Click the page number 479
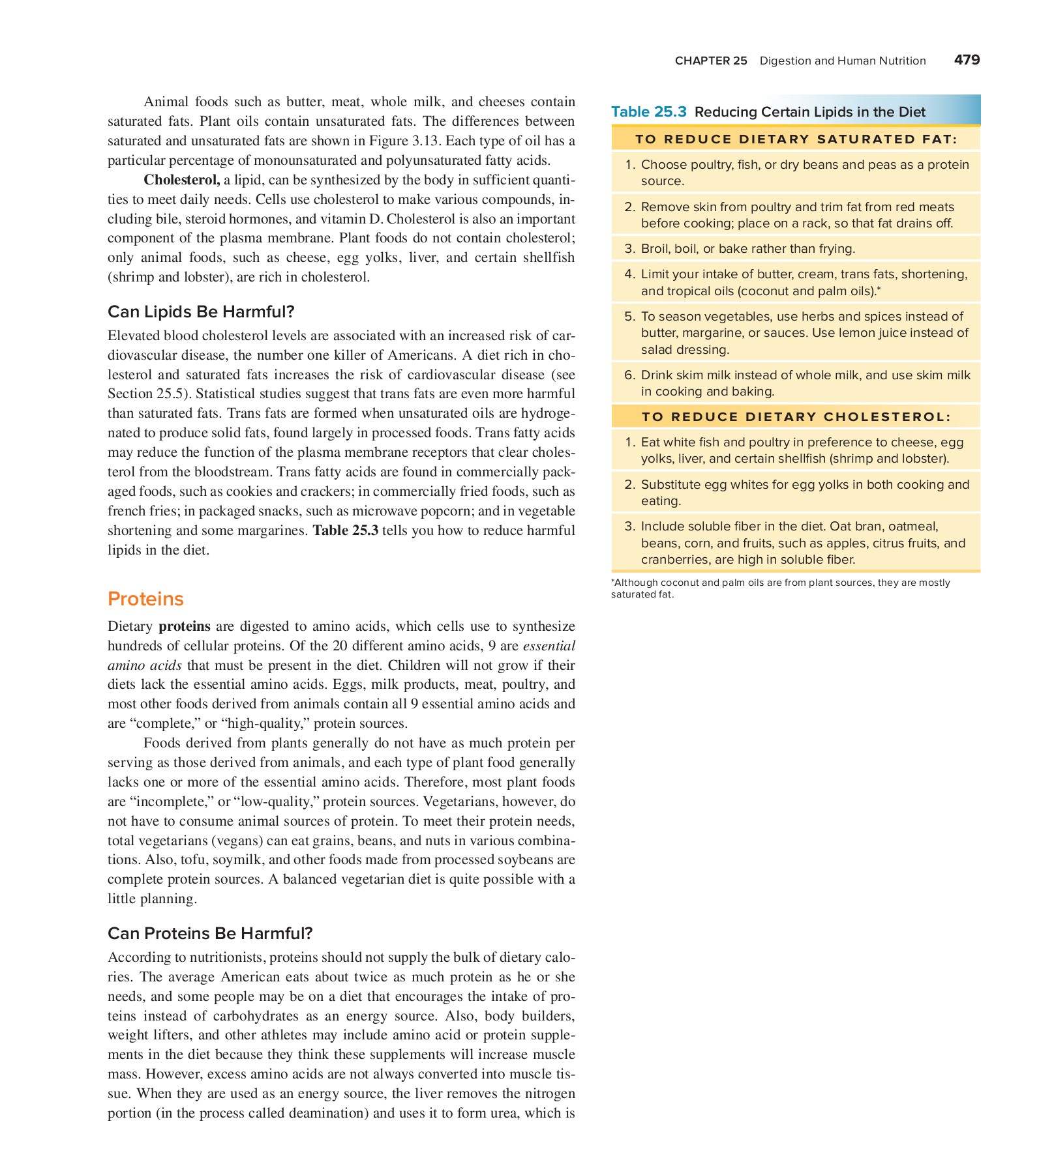point(966,60)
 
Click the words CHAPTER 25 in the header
point(710,61)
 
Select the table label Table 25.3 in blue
point(648,112)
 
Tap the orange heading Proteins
point(145,599)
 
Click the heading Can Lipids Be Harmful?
point(201,311)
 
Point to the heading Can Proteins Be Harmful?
point(210,933)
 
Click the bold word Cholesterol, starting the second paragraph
point(181,180)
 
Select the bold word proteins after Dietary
point(185,626)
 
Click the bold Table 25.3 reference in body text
point(346,530)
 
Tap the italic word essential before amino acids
point(549,646)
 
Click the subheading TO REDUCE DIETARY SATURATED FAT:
point(796,139)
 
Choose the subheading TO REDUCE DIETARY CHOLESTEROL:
point(796,417)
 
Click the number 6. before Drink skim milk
point(629,375)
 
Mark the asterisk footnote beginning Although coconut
point(779,588)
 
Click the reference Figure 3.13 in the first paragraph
point(399,141)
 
